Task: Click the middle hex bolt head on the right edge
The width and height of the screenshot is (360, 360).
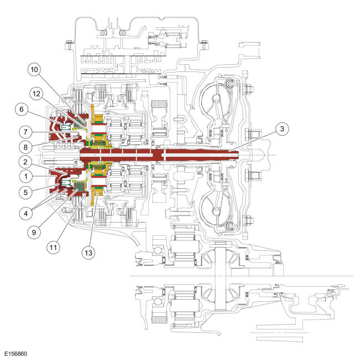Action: click(x=255, y=133)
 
